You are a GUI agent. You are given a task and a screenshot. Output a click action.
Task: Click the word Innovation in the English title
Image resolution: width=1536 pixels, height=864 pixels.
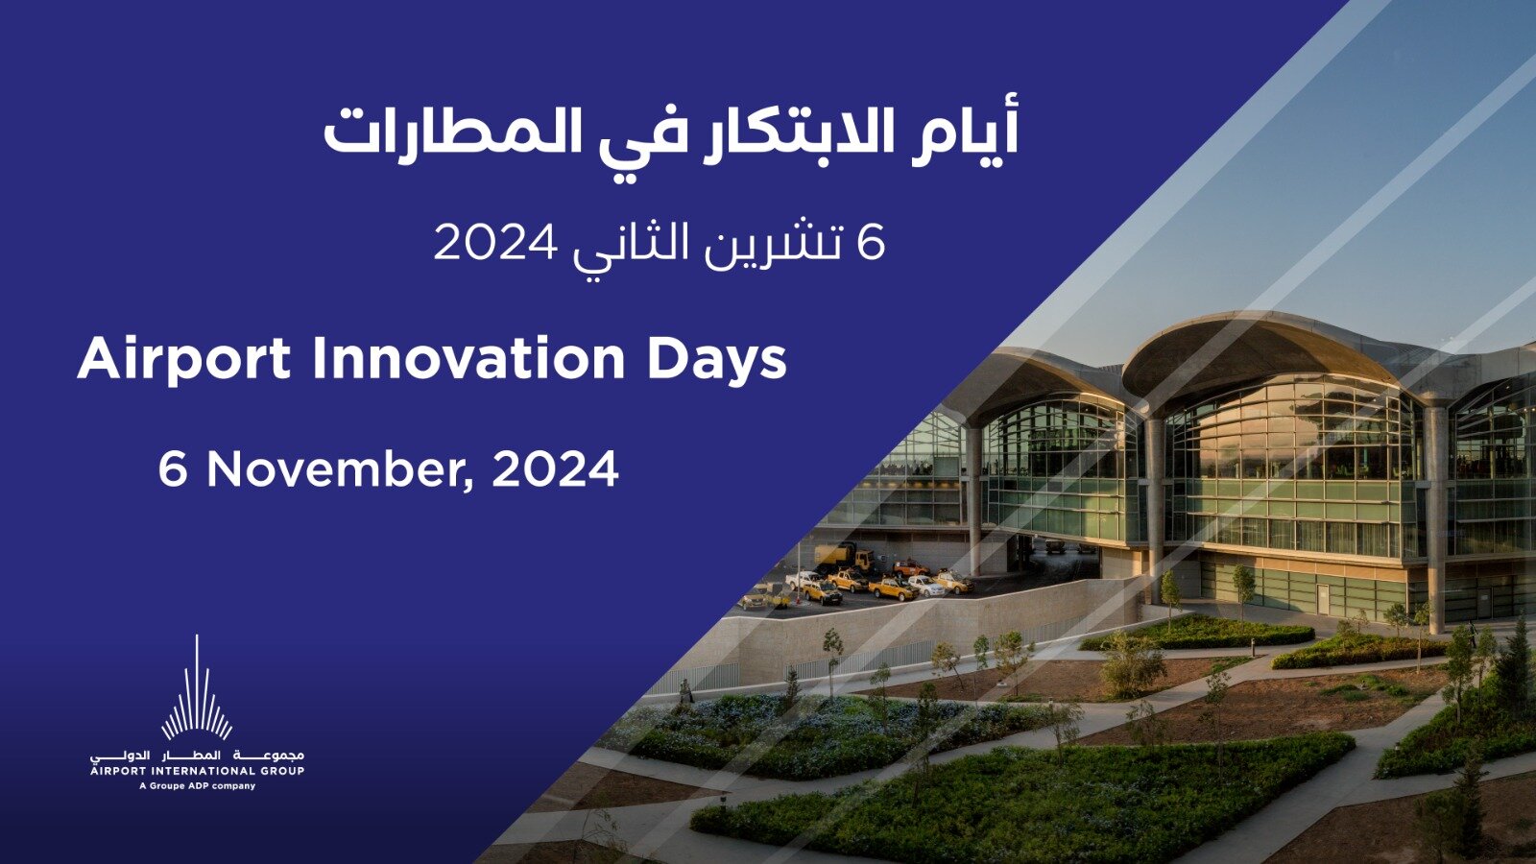pos(468,359)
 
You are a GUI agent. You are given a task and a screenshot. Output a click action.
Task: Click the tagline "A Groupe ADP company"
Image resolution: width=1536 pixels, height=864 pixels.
pos(198,786)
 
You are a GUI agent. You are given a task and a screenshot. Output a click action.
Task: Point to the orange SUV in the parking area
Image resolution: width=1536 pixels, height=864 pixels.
pos(911,567)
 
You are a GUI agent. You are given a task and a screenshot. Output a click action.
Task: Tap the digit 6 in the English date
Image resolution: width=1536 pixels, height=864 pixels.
pos(172,469)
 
